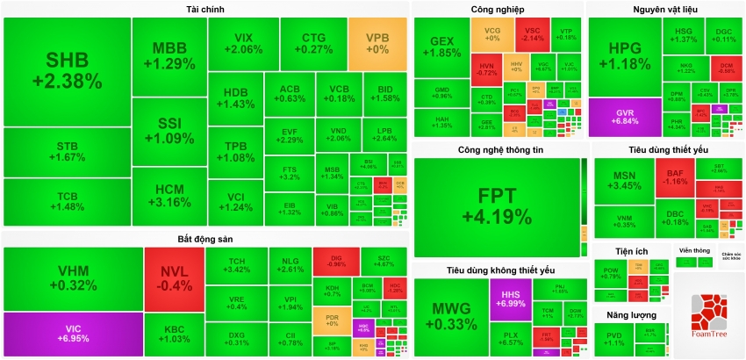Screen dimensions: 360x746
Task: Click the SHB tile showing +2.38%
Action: coord(67,70)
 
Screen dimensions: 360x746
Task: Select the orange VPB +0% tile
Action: coord(377,44)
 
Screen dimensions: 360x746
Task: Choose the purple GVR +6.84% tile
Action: coord(626,118)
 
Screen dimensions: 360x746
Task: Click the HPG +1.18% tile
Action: coord(624,56)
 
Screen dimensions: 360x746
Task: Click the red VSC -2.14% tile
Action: coord(532,34)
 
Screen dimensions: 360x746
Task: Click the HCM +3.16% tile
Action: coord(169,195)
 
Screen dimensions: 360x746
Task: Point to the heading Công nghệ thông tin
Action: coord(500,150)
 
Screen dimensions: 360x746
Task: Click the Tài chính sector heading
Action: coord(205,9)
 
